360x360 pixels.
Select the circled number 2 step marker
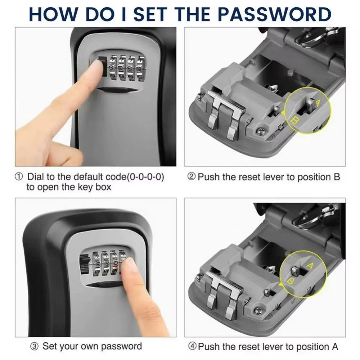(192, 177)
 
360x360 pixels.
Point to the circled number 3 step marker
(34, 346)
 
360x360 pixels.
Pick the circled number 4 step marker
(192, 347)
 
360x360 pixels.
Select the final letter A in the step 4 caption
(334, 347)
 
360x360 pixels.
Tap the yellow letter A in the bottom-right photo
(309, 266)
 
